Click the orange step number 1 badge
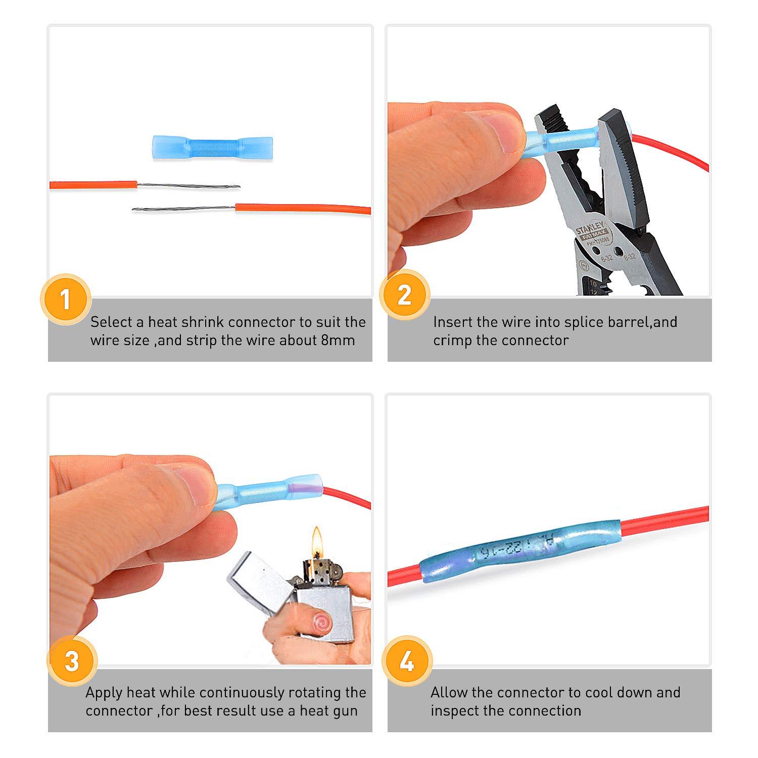[65, 299]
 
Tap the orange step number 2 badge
[404, 295]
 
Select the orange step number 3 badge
[72, 661]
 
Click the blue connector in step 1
[212, 149]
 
